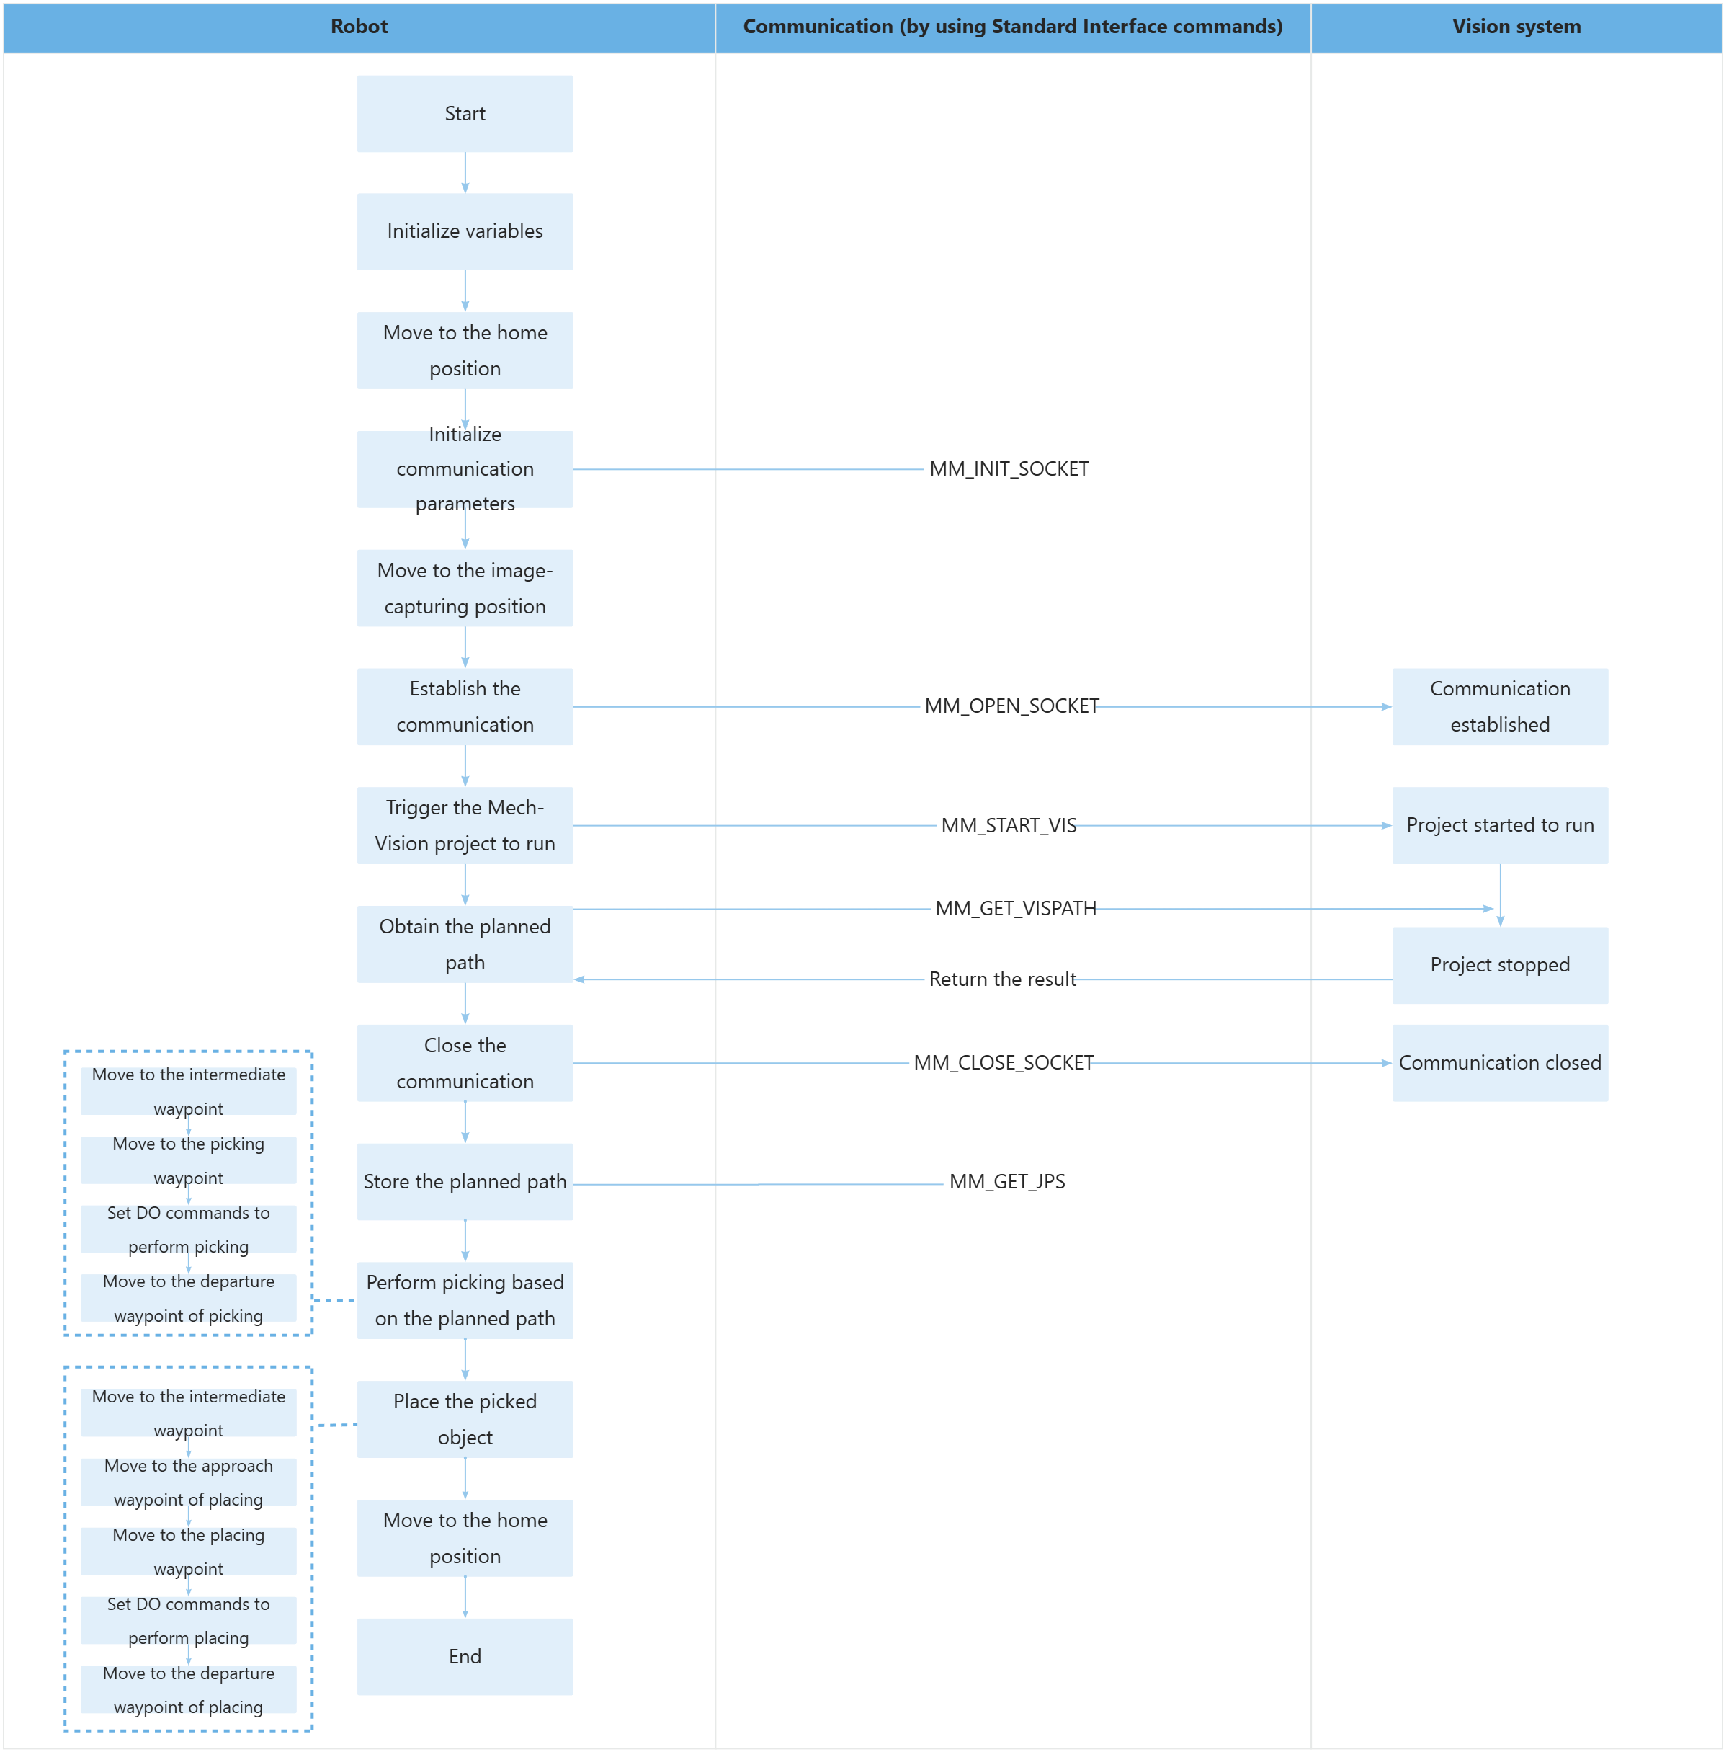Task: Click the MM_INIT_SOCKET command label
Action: pyautogui.click(x=1008, y=469)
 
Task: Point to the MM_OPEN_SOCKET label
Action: pyautogui.click(x=1011, y=706)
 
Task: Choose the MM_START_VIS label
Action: pyautogui.click(x=1008, y=825)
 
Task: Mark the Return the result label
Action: pyautogui.click(x=1002, y=979)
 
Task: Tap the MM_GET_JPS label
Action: pyautogui.click(x=1006, y=1182)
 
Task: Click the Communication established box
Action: pyautogui.click(x=1500, y=706)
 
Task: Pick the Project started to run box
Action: pyautogui.click(x=1500, y=825)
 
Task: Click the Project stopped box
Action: pyautogui.click(x=1500, y=965)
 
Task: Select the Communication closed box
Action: pyautogui.click(x=1500, y=1063)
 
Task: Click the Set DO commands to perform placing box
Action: pyautogui.click(x=189, y=1621)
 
